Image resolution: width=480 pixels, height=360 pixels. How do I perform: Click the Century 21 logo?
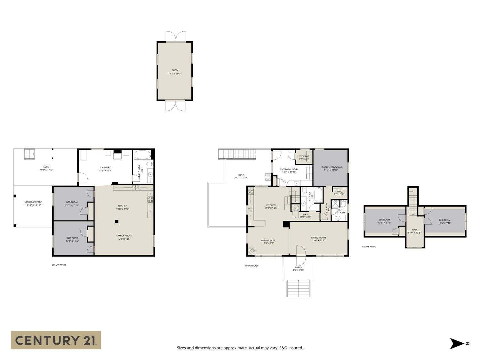[56, 340]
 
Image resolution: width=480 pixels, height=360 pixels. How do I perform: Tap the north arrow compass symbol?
[457, 343]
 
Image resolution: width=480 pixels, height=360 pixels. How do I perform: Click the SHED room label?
[175, 70]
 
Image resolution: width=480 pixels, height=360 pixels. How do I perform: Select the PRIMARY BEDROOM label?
[331, 167]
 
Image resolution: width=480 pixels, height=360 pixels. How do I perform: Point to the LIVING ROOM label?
[318, 238]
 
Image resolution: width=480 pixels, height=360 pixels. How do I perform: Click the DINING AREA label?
[268, 240]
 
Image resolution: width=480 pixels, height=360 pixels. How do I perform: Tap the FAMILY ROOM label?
[124, 236]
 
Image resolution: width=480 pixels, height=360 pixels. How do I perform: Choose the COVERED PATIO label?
[33, 202]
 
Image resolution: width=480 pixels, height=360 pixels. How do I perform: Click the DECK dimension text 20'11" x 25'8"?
[241, 178]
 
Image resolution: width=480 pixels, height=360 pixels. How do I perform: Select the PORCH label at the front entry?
[298, 268]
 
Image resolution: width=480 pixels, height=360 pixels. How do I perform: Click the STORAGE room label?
[304, 156]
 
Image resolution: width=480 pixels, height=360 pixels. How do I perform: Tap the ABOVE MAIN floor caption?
[369, 247]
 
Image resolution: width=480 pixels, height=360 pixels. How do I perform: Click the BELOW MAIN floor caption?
[59, 265]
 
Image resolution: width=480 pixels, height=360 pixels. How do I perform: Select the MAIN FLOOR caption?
[252, 266]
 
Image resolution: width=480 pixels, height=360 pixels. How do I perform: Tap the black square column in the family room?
[117, 221]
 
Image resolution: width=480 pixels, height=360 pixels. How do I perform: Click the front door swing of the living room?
[301, 251]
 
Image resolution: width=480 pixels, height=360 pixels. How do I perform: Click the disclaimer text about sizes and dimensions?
[240, 348]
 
